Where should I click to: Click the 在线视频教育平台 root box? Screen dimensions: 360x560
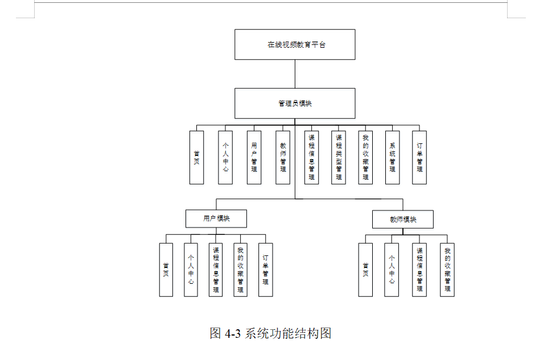click(295, 44)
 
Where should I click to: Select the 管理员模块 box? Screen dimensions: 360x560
click(295, 104)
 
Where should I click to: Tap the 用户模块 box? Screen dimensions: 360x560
click(216, 218)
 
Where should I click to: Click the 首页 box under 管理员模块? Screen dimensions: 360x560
click(196, 158)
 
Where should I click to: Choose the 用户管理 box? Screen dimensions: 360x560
click(254, 158)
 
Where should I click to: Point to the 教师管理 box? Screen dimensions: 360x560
click(283, 158)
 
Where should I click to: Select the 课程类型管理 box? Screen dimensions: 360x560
click(339, 158)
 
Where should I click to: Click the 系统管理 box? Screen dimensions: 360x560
click(392, 158)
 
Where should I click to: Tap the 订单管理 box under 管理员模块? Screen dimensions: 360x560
click(419, 158)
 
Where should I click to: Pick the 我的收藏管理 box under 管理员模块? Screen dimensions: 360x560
click(365, 158)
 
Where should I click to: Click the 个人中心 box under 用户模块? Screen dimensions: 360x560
click(191, 270)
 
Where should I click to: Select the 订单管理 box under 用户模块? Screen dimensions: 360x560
click(265, 270)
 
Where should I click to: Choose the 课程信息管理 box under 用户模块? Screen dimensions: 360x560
click(216, 270)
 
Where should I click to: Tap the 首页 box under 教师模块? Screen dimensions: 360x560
click(365, 270)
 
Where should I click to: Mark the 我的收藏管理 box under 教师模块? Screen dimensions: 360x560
click(447, 270)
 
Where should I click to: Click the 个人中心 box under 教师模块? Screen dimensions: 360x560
click(392, 270)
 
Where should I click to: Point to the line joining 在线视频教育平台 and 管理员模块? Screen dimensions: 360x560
click(295, 74)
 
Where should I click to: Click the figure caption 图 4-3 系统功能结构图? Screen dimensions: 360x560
click(270, 333)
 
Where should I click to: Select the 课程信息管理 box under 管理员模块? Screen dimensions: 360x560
click(311, 158)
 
